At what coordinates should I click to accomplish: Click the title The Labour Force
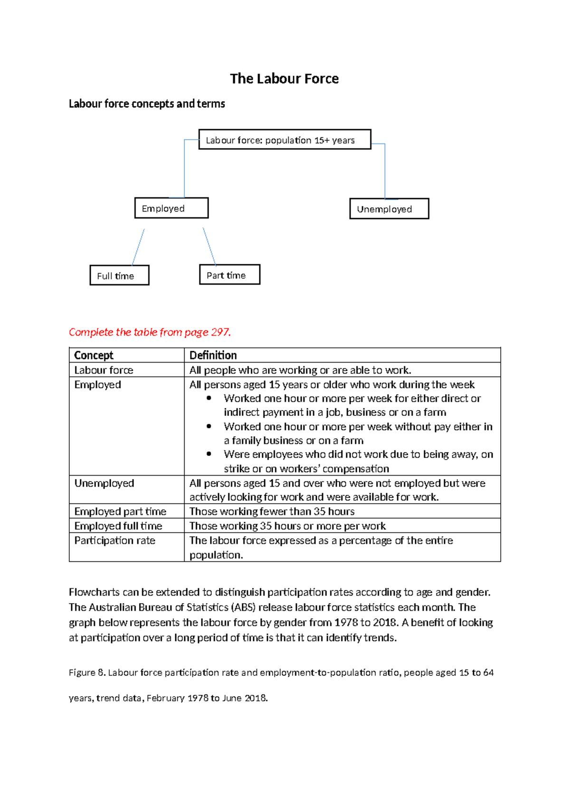pos(284,79)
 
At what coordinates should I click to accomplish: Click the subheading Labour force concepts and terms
pos(147,104)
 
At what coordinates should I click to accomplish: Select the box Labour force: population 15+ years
pos(284,140)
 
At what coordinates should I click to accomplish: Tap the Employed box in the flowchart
pos(171,208)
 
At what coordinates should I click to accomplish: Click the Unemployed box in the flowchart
pos(389,209)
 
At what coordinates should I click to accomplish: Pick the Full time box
pos(119,276)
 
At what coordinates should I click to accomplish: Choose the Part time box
pos(229,275)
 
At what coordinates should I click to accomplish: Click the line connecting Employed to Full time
pos(138,247)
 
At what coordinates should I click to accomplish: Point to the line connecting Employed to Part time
pos(209,246)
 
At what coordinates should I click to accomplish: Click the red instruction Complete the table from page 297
pos(150,332)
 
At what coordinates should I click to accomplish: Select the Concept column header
pos(94,355)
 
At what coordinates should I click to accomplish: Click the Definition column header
pos(213,355)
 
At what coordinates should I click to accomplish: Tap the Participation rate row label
pos(115,541)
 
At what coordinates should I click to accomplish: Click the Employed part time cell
pos(120,512)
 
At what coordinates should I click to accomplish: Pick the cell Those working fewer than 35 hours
pos(272,512)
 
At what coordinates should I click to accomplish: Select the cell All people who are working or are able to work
pos(300,370)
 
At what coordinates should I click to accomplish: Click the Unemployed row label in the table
pos(104,483)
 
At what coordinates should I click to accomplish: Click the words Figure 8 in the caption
pos(86,672)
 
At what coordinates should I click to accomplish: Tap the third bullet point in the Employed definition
pos(209,454)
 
